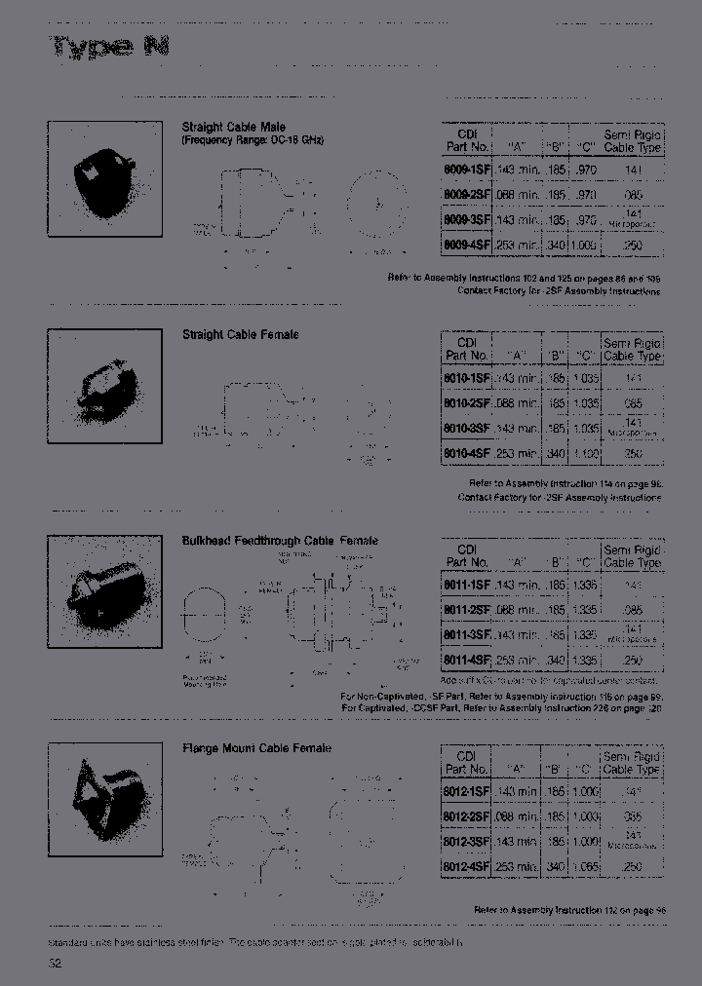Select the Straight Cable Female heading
coord(240,335)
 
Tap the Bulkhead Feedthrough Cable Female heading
coord(280,541)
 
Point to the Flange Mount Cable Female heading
coord(256,748)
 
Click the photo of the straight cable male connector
coord(104,178)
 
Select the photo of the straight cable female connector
coord(104,386)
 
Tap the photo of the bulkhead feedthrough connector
coord(104,592)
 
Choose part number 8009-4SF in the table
coord(467,246)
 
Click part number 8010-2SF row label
coord(467,403)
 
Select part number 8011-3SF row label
coord(467,634)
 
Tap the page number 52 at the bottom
coord(56,964)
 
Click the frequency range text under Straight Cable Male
coord(253,140)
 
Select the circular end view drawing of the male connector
coord(374,206)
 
